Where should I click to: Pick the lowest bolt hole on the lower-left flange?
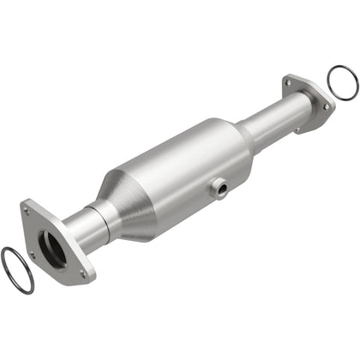pos(82,273)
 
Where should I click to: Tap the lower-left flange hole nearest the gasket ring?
pos(32,255)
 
